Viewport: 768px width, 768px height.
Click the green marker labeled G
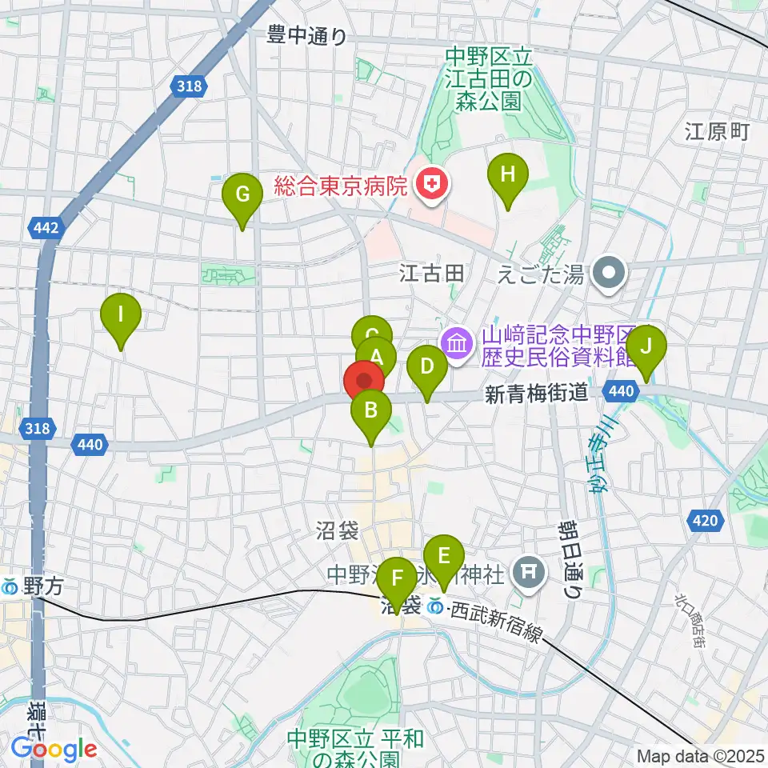pos(242,194)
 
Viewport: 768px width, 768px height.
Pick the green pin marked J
pos(647,347)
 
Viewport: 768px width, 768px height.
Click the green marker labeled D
pos(427,367)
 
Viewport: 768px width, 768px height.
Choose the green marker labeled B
pos(371,412)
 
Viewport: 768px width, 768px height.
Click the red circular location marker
pos(364,382)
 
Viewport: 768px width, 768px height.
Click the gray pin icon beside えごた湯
pos(610,274)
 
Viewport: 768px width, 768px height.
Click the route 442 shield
pos(46,229)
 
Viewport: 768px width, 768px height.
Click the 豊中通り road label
pos(308,35)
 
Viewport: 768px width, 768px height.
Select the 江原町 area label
pos(717,132)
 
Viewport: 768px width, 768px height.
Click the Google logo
pos(54,749)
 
